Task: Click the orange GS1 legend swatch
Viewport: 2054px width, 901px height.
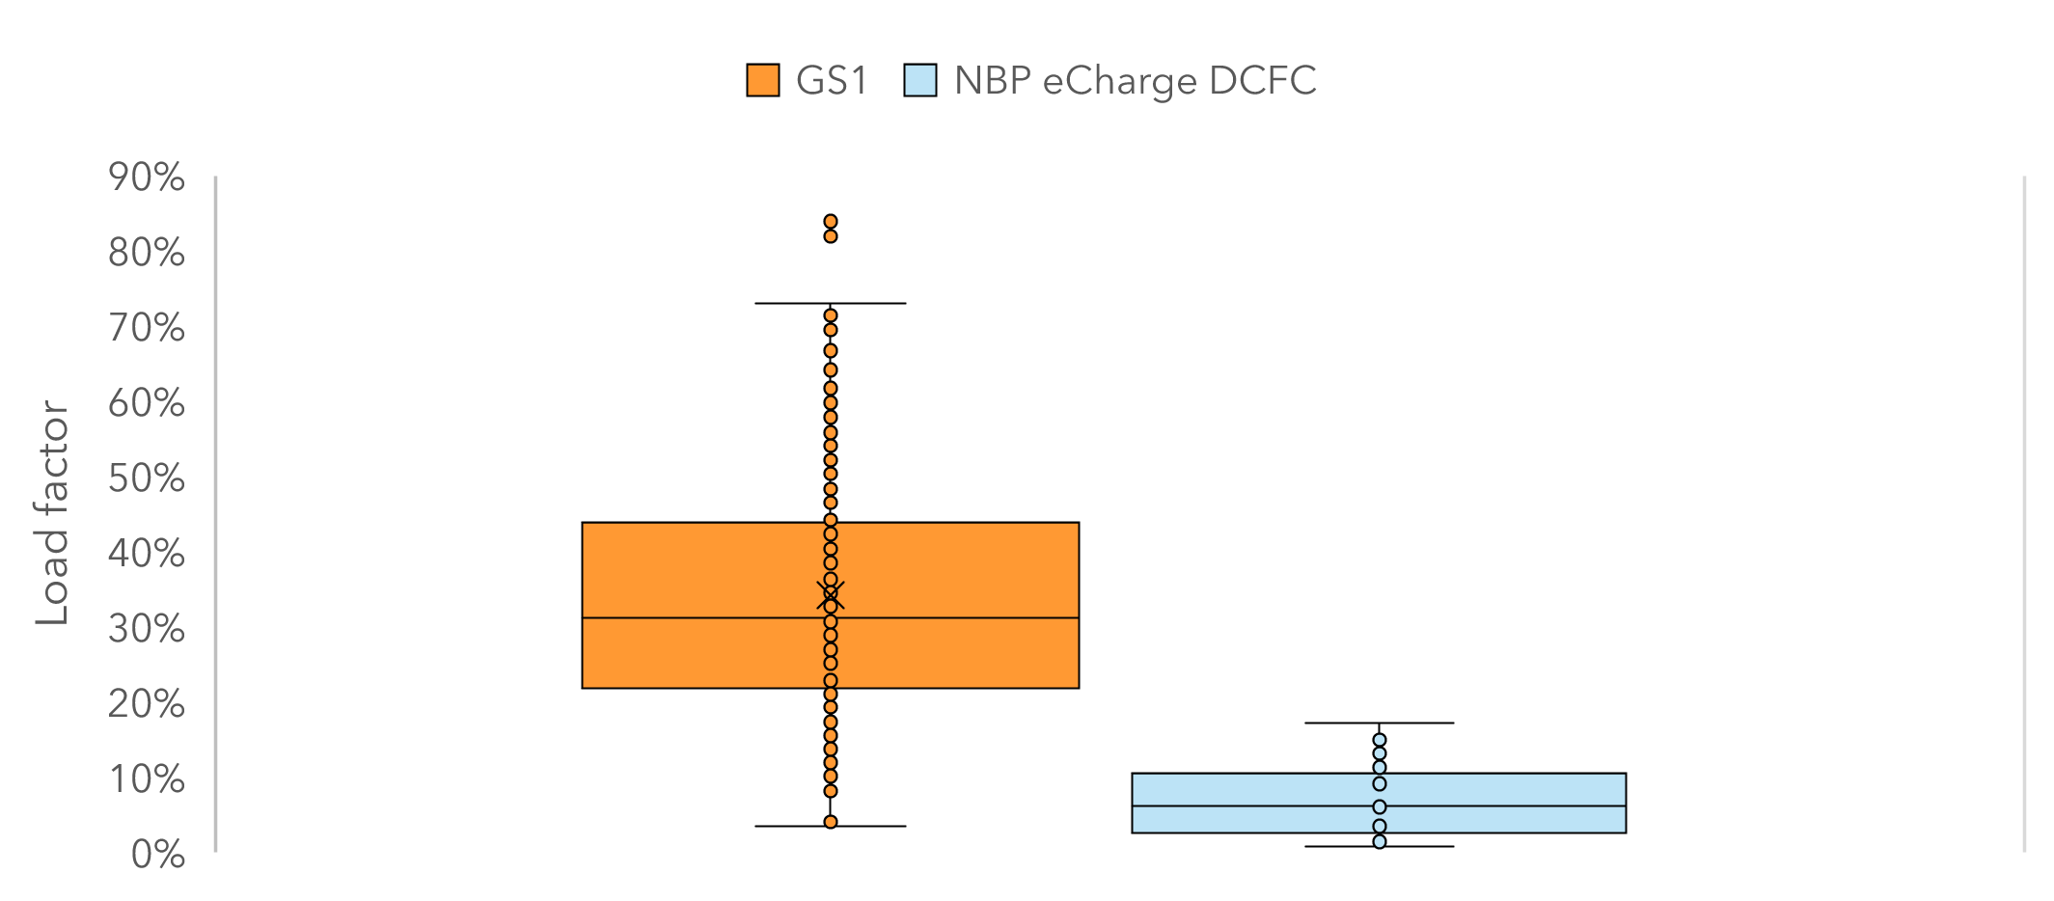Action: point(763,80)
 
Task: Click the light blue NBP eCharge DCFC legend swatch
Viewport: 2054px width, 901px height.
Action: point(920,80)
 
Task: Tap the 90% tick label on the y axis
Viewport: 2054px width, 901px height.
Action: point(147,177)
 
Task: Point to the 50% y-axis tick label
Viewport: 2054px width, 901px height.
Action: point(147,478)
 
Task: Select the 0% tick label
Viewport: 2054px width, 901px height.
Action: point(158,855)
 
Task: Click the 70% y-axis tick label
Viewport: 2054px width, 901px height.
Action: point(147,328)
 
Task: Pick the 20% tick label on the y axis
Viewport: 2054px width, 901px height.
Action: point(147,704)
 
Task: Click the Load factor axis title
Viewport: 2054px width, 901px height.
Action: point(52,513)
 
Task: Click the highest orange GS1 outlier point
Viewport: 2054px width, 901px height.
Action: point(831,221)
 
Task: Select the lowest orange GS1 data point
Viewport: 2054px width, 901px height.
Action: point(831,822)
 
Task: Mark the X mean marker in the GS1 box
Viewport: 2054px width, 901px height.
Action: point(831,596)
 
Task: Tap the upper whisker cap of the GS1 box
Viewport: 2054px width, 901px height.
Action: point(831,303)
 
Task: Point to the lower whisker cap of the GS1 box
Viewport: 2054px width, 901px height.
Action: point(831,826)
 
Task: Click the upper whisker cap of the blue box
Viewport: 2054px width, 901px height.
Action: point(1380,723)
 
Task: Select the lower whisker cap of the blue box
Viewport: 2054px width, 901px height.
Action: point(1380,846)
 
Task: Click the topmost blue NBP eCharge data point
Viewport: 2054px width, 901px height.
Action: point(1380,740)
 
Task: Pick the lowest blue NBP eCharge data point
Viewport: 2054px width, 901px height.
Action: point(1380,841)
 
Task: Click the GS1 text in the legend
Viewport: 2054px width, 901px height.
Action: point(832,80)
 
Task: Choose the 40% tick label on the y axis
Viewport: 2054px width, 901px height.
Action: point(147,554)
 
